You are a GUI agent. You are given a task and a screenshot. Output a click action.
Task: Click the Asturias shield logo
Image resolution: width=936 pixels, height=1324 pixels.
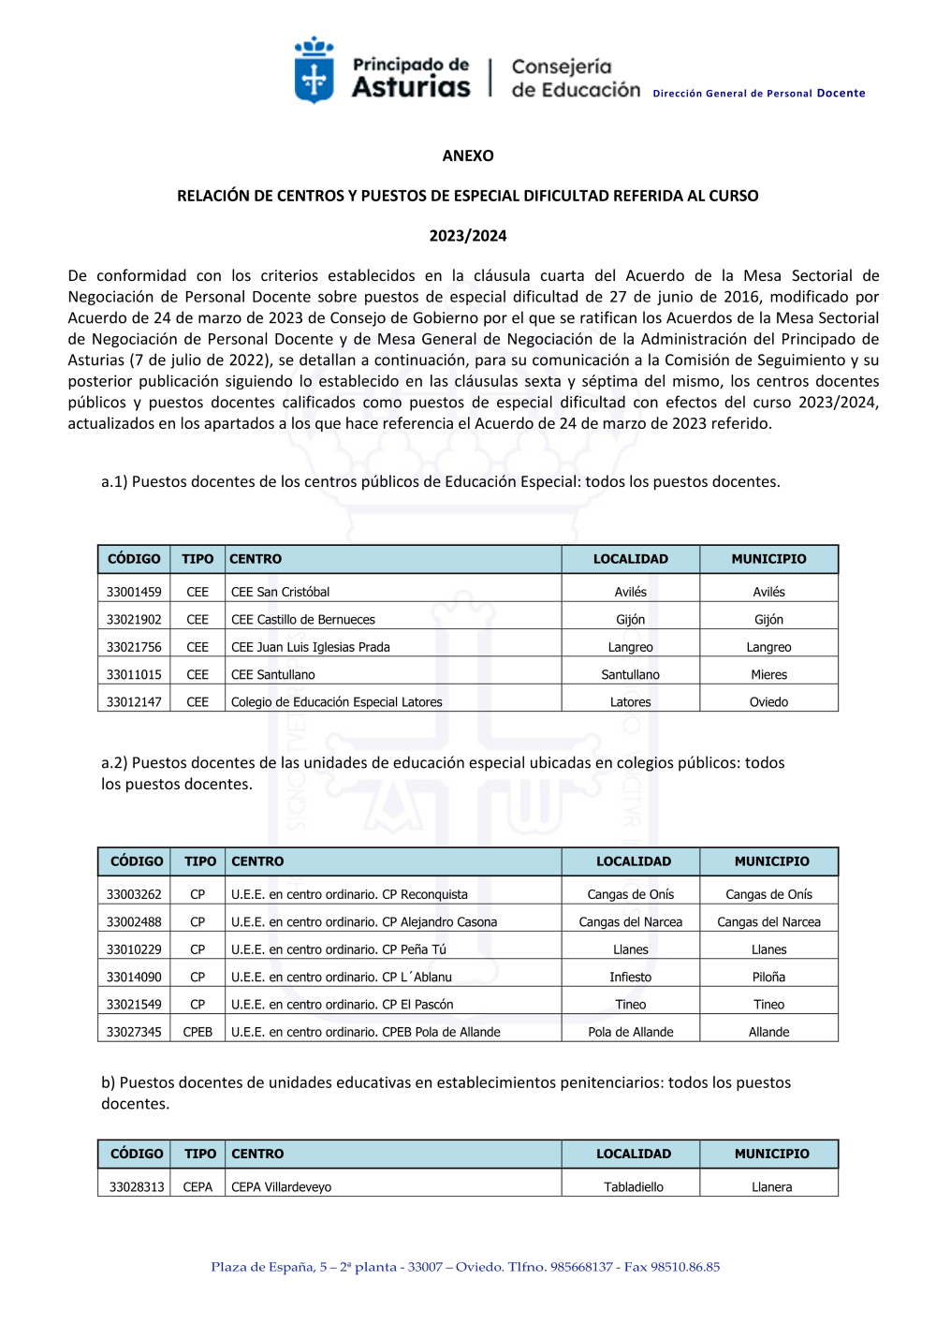point(314,71)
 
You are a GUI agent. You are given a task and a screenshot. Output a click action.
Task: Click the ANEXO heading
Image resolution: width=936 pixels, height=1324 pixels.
point(468,155)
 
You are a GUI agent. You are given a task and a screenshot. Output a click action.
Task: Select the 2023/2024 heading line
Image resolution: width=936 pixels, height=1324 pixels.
point(468,236)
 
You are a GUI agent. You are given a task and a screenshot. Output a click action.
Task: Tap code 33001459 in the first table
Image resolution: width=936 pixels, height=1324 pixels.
point(134,592)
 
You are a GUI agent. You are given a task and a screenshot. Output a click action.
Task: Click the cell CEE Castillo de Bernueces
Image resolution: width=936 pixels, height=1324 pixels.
point(303,620)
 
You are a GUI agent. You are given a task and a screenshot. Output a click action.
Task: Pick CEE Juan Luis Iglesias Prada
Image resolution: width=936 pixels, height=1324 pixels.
point(311,647)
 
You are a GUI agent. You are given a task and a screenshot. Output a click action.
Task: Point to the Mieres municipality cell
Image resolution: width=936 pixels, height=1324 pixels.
point(768,674)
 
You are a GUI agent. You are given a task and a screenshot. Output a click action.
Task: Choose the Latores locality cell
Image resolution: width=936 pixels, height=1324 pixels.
point(630,702)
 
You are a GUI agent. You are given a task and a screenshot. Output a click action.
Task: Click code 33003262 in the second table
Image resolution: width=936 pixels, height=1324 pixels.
point(134,894)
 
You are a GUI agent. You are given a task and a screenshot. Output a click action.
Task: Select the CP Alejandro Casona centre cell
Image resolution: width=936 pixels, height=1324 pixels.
point(364,922)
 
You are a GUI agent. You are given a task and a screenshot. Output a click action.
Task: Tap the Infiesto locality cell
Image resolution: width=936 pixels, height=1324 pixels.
point(630,977)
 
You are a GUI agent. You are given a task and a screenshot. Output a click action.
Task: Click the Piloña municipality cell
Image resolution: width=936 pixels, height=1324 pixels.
point(768,977)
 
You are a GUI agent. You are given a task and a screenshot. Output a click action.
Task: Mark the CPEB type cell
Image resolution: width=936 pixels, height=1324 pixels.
point(197,1032)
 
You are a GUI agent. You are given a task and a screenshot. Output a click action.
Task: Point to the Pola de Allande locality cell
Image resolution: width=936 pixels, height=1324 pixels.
point(630,1032)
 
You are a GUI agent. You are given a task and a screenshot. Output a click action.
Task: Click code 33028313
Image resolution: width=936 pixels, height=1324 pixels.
point(137,1187)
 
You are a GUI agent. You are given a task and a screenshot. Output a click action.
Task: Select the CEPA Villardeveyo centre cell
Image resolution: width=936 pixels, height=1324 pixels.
point(282,1187)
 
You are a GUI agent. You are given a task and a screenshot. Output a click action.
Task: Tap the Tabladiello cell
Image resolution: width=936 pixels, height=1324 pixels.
point(634,1187)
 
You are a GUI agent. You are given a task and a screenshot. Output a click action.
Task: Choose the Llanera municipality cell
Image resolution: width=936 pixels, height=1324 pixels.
point(771,1187)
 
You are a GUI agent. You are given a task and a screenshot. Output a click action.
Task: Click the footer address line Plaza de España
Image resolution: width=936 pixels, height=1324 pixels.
point(465,1267)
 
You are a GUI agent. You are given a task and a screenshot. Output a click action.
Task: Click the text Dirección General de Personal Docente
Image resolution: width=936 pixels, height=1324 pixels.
point(759,94)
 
